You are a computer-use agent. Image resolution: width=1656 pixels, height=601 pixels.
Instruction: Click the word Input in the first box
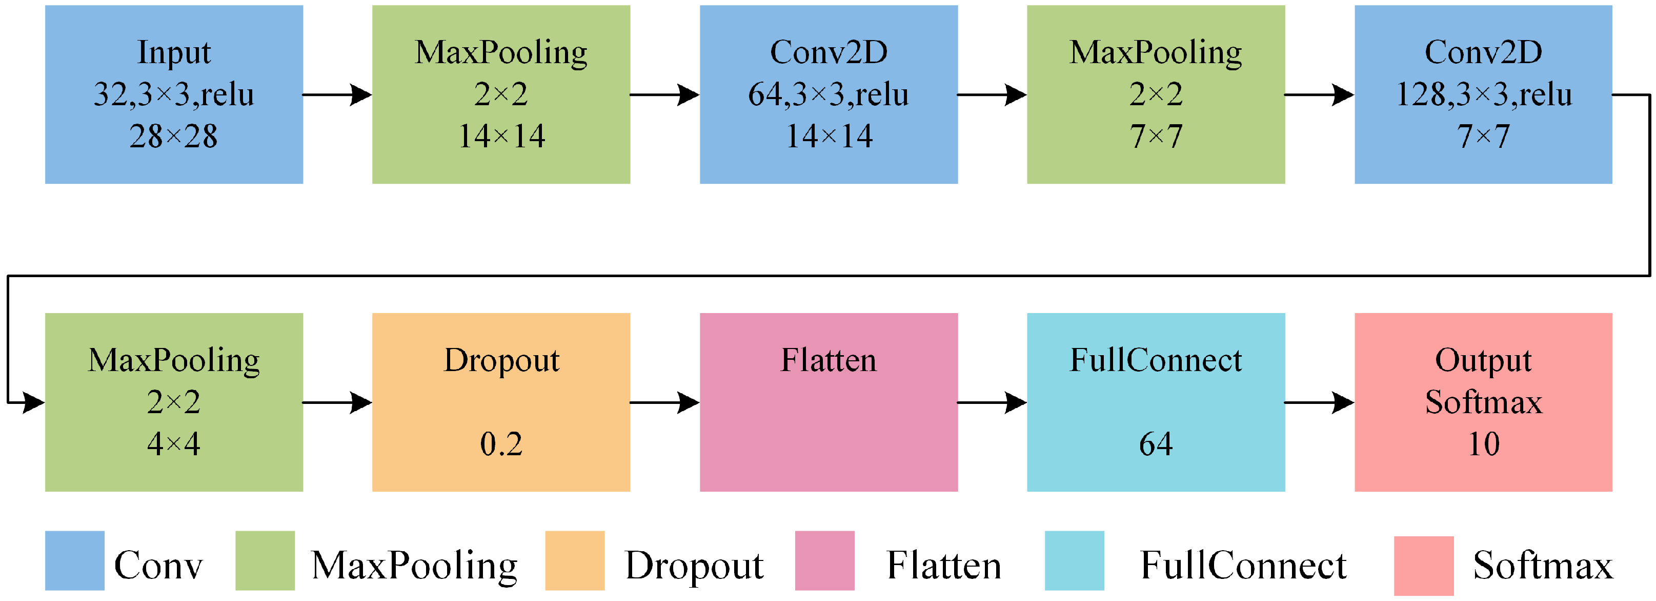174,53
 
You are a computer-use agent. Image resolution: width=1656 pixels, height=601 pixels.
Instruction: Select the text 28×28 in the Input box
174,137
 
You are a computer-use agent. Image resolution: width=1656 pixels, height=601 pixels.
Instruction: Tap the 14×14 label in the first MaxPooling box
501,137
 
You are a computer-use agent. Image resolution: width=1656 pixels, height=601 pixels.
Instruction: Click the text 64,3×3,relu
828,94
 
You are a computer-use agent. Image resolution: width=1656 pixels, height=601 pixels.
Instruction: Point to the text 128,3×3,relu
1484,94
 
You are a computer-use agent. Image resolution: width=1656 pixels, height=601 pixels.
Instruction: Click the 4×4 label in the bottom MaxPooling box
174,444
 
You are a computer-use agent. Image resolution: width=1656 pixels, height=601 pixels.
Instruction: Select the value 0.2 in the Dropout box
501,444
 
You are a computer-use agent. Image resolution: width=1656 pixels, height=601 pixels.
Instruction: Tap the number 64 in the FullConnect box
1155,444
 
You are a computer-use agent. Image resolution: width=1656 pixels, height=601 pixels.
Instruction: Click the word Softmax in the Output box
1484,403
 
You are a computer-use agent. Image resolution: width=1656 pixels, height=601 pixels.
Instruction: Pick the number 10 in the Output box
1484,444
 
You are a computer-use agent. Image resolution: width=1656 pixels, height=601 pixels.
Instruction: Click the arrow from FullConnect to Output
1319,403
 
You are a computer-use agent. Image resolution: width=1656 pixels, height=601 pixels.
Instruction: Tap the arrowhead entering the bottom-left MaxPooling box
33,403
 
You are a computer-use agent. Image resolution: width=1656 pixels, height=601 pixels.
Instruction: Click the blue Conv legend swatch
74,560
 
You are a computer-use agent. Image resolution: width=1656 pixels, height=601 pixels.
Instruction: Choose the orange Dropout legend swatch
575,560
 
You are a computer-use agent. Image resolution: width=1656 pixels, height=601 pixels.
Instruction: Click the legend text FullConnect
1243,566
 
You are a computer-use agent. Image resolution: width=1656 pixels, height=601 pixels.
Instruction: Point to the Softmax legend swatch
1423,566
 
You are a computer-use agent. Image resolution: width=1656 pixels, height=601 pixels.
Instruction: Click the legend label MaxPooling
414,566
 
